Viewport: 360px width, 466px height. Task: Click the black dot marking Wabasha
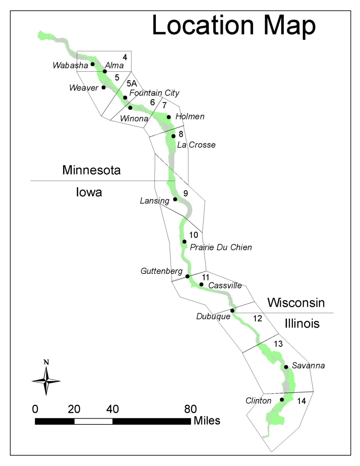pyautogui.click(x=92, y=64)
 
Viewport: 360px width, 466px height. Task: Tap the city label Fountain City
pyautogui.click(x=154, y=93)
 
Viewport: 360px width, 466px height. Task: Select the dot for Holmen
pyautogui.click(x=169, y=117)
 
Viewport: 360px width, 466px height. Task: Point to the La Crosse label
pyautogui.click(x=196, y=145)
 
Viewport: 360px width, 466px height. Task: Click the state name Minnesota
pyautogui.click(x=91, y=170)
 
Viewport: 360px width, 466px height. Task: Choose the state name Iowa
pyautogui.click(x=89, y=192)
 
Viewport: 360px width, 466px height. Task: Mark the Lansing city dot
pyautogui.click(x=175, y=199)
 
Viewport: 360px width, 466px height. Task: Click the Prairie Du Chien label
pyautogui.click(x=221, y=247)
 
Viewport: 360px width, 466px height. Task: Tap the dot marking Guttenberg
pyautogui.click(x=187, y=276)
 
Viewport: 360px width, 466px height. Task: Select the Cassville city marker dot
pyautogui.click(x=201, y=284)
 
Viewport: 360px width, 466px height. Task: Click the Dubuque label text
pyautogui.click(x=213, y=317)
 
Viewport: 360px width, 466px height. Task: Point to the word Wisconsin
pyautogui.click(x=296, y=303)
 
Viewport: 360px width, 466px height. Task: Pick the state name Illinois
pyautogui.click(x=302, y=323)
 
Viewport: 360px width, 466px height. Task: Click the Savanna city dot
pyautogui.click(x=286, y=367)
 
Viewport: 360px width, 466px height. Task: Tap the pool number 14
pyautogui.click(x=302, y=401)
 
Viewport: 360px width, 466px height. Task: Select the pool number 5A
pyautogui.click(x=132, y=83)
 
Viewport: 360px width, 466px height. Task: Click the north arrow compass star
pyautogui.click(x=46, y=381)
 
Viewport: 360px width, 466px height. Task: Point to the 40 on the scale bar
pyautogui.click(x=112, y=409)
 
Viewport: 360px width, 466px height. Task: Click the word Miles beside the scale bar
pyautogui.click(x=207, y=421)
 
